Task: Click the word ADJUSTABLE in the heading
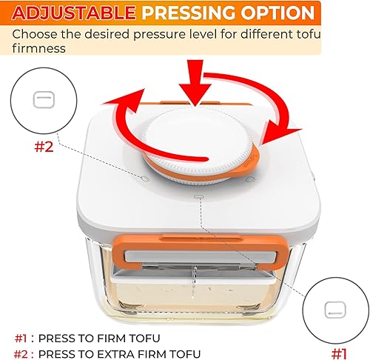tap(70, 13)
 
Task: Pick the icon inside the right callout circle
tap(337, 307)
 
